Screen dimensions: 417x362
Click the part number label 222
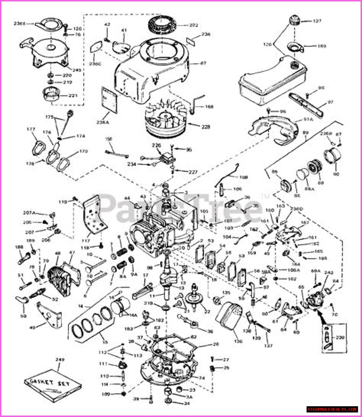[x=194, y=25]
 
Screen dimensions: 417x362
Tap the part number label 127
[x=317, y=21]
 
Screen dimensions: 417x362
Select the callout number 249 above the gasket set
[x=60, y=360]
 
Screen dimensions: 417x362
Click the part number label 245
[x=76, y=70]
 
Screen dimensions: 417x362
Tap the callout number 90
[x=336, y=174]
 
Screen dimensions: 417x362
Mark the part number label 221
[x=73, y=96]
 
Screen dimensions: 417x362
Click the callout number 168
[x=210, y=107]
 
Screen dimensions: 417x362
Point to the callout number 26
[x=216, y=345]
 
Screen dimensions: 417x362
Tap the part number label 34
[x=187, y=404]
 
